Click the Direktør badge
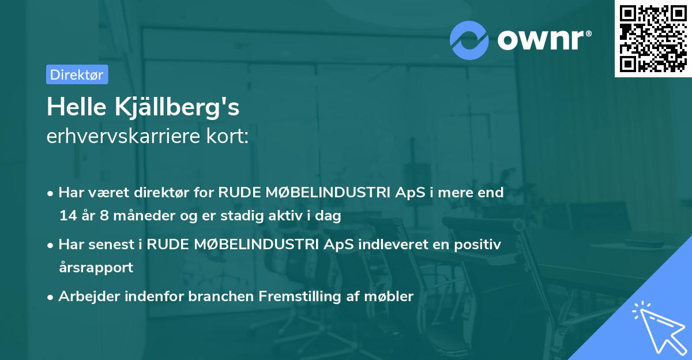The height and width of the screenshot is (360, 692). (x=77, y=75)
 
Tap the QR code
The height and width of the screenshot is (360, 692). (x=653, y=39)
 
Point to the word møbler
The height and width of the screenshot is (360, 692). (x=390, y=297)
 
